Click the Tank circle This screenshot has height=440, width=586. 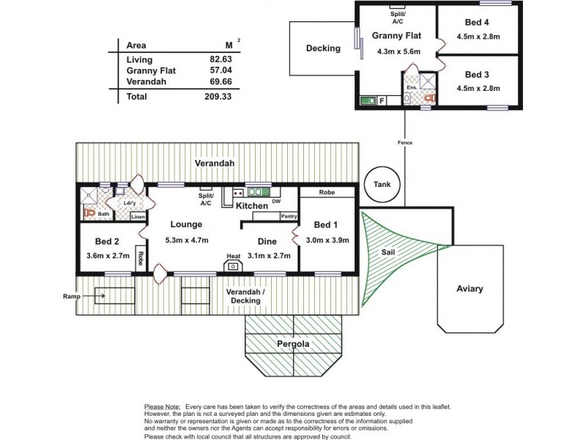pos(382,185)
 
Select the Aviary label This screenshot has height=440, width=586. pos(470,289)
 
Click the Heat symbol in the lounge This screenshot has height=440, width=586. pos(233,265)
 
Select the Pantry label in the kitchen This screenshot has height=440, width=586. pos(289,216)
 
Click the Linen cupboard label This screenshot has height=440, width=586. pos(138,217)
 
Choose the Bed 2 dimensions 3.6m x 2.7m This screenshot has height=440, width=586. pos(108,255)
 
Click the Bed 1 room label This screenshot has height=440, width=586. pos(327,224)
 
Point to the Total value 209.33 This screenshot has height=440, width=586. pos(213,96)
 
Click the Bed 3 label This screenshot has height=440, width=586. pos(476,74)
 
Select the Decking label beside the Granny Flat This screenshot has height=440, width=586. pos(323,49)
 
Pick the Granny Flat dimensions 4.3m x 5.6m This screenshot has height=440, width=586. pos(395,52)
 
